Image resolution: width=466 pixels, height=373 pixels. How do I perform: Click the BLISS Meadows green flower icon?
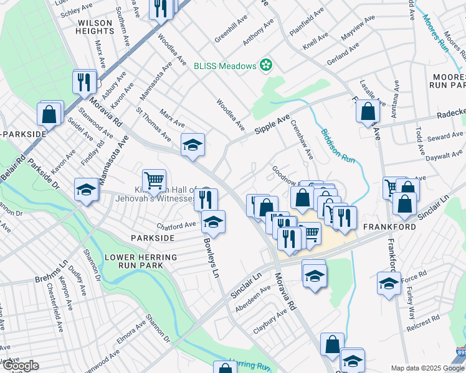[x=266, y=65]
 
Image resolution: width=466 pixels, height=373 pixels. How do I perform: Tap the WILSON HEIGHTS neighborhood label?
[x=94, y=27]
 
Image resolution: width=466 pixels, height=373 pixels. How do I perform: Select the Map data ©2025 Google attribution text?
[x=427, y=368]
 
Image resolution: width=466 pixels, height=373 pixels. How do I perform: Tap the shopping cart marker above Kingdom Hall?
[x=154, y=180]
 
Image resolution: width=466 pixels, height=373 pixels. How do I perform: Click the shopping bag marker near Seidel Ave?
[x=49, y=114]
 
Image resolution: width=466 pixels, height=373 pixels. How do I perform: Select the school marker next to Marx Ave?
[x=193, y=145]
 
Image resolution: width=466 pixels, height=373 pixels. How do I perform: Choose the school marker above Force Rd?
[x=389, y=283]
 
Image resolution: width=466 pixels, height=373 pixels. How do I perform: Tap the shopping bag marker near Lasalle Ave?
[x=368, y=111]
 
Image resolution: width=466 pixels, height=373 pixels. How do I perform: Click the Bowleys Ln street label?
[x=212, y=259]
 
